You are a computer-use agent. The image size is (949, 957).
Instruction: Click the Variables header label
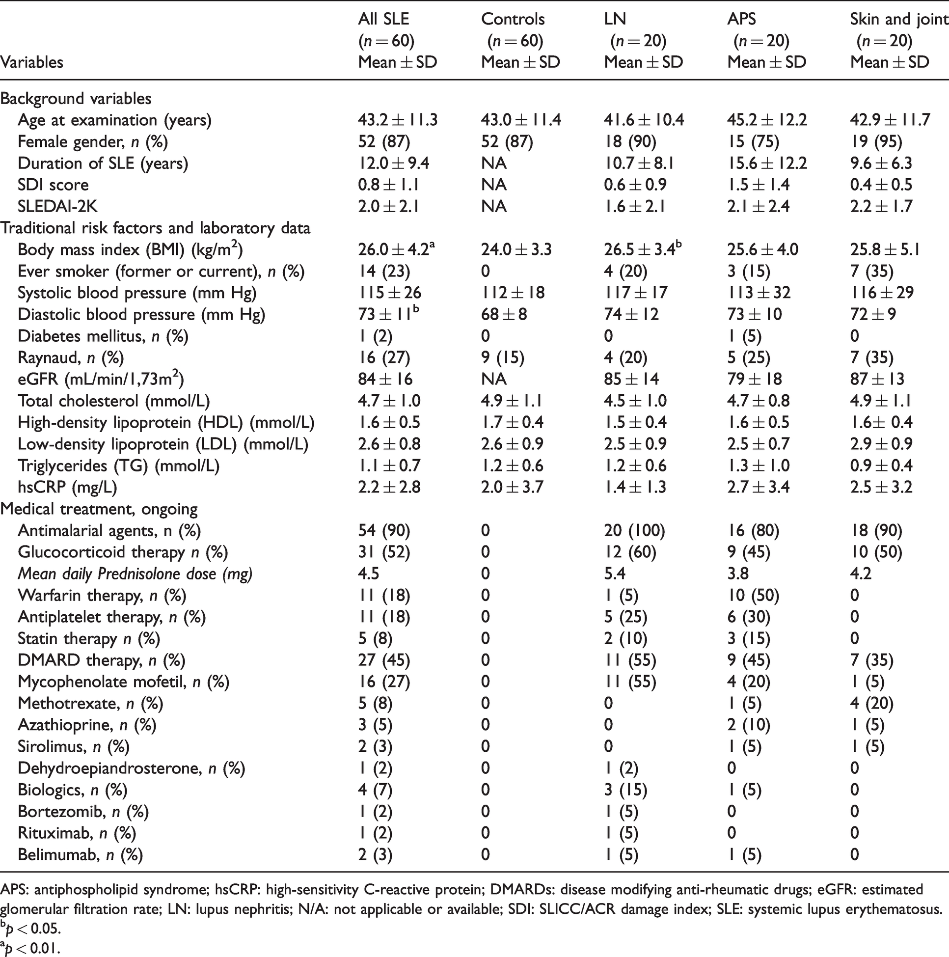32,62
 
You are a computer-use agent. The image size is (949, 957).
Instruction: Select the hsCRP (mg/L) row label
67,488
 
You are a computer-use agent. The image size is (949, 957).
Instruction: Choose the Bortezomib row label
83,811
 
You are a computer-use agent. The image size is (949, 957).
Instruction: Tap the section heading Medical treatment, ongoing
99,509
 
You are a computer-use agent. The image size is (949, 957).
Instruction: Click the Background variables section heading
76,99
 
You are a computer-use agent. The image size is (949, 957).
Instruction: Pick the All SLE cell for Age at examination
398,120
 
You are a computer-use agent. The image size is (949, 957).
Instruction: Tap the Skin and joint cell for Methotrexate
872,703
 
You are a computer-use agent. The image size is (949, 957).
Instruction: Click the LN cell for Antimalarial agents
634,530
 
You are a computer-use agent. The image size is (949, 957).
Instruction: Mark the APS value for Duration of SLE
767,163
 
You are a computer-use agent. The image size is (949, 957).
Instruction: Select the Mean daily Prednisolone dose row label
135,574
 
